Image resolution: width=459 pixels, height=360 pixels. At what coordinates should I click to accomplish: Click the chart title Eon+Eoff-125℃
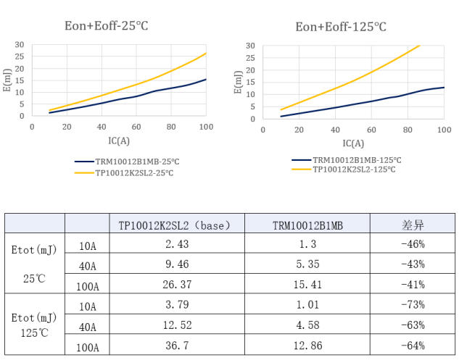[340, 27]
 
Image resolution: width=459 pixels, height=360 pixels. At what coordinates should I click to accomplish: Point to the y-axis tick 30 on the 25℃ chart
[20, 45]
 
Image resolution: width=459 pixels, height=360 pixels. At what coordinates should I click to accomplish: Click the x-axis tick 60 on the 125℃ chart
[371, 130]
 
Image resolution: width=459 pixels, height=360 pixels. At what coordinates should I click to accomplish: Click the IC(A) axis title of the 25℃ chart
[118, 141]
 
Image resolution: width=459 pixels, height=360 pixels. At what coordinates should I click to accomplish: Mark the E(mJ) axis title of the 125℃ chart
[238, 82]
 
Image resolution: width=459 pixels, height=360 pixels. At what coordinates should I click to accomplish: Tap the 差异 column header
[413, 225]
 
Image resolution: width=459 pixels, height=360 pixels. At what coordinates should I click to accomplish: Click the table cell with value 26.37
[177, 285]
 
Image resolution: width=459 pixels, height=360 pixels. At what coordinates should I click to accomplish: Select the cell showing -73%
[413, 306]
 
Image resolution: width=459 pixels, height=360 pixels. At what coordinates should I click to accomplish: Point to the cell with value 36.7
[177, 346]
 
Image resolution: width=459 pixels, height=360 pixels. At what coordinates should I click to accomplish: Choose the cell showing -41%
[413, 285]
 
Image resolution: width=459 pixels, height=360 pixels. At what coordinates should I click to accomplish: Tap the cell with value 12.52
[177, 326]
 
